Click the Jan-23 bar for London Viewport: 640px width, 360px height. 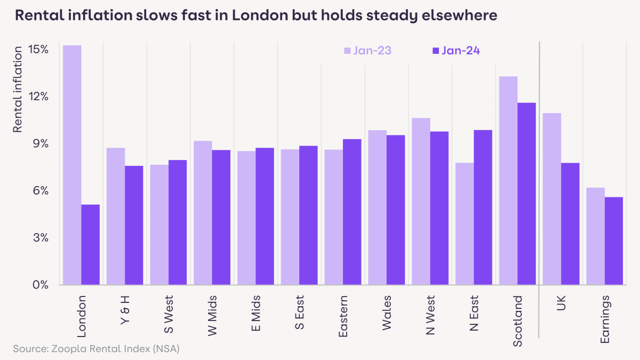(72, 165)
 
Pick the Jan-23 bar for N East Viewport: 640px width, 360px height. (465, 223)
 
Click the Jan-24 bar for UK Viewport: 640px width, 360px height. (570, 223)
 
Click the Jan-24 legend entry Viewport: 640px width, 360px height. (455, 51)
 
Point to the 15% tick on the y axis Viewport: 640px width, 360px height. (38, 49)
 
